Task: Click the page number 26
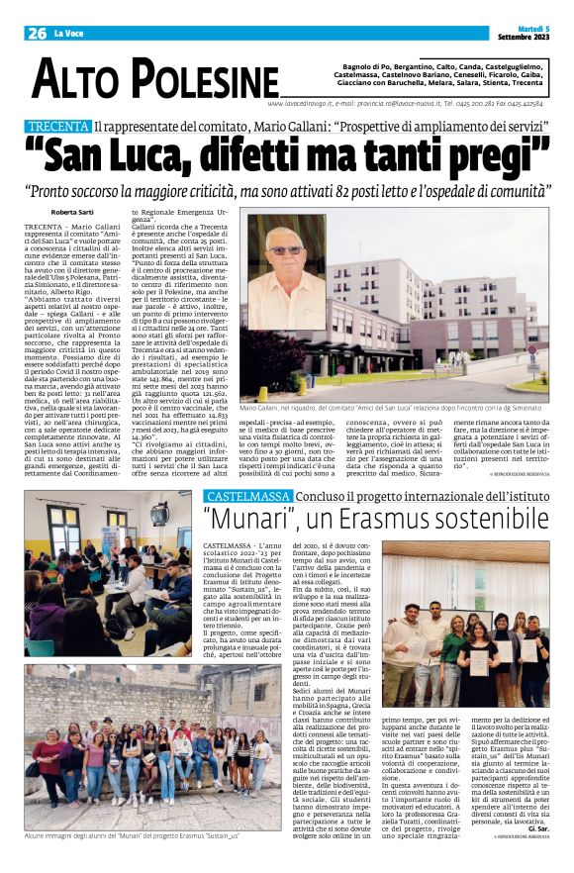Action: pyautogui.click(x=37, y=34)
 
